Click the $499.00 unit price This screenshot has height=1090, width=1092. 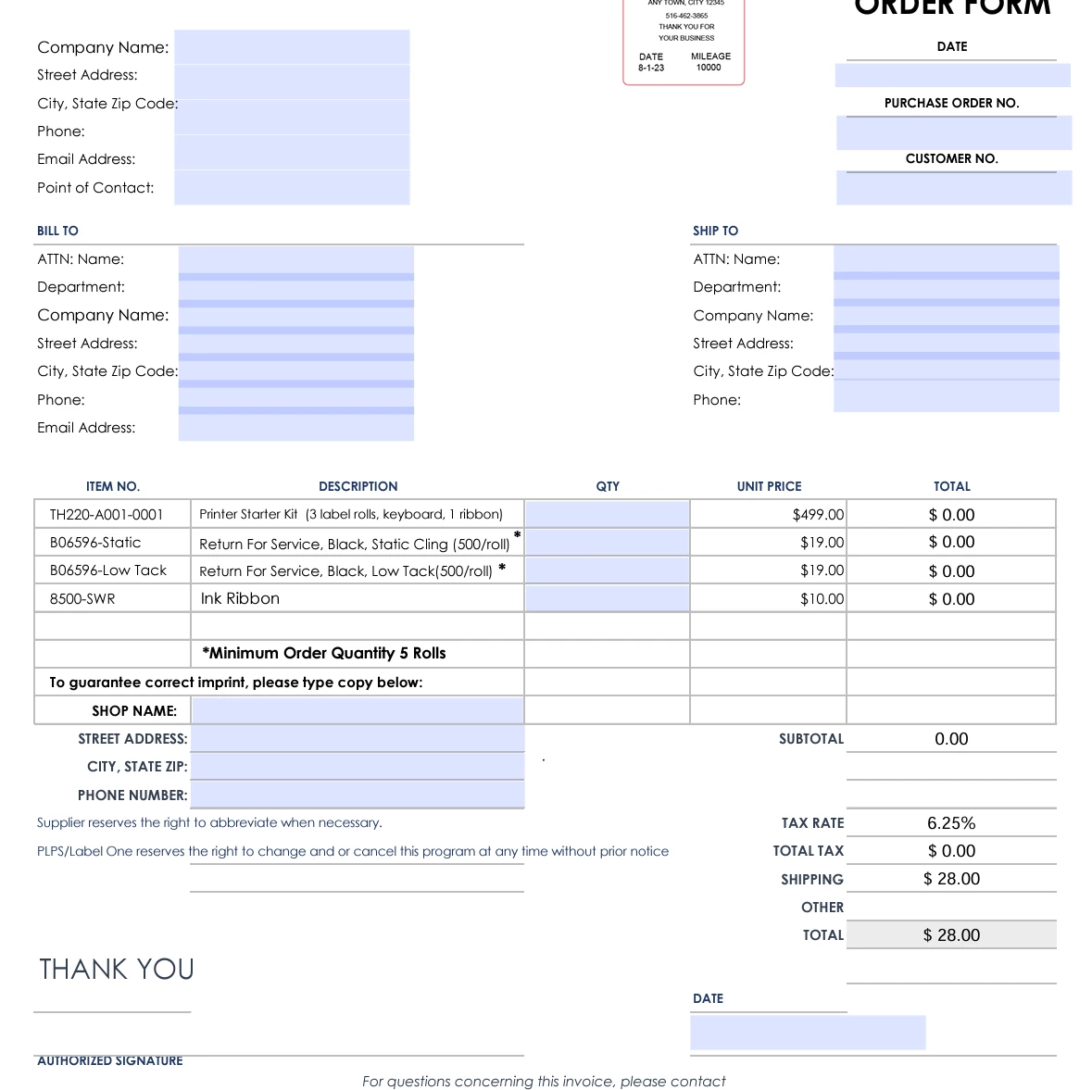[x=818, y=514]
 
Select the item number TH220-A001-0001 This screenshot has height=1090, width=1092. [x=107, y=514]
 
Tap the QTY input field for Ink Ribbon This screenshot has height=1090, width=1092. [x=607, y=598]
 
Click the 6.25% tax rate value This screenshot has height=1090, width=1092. [x=951, y=822]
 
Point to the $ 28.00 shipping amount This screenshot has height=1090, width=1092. [x=951, y=879]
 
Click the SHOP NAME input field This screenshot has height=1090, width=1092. [x=358, y=710]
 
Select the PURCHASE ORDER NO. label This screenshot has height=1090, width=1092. [x=951, y=103]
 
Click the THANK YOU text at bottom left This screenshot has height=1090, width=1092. [x=117, y=969]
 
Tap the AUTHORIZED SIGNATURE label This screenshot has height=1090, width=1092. [x=110, y=1061]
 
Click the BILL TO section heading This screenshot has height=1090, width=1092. [x=57, y=231]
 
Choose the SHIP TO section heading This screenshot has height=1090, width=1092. [x=715, y=231]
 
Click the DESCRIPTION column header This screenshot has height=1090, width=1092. [x=358, y=486]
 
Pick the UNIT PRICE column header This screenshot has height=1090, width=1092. [x=769, y=486]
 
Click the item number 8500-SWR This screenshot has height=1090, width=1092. [x=82, y=599]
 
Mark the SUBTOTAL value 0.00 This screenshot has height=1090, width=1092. [x=951, y=739]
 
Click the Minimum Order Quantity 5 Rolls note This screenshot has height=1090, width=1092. [x=324, y=653]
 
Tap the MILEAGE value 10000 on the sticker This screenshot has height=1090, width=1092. [x=709, y=68]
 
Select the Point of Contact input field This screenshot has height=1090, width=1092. [x=292, y=187]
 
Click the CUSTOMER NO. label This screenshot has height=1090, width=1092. [x=951, y=158]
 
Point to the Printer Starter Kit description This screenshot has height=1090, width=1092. [x=351, y=514]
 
